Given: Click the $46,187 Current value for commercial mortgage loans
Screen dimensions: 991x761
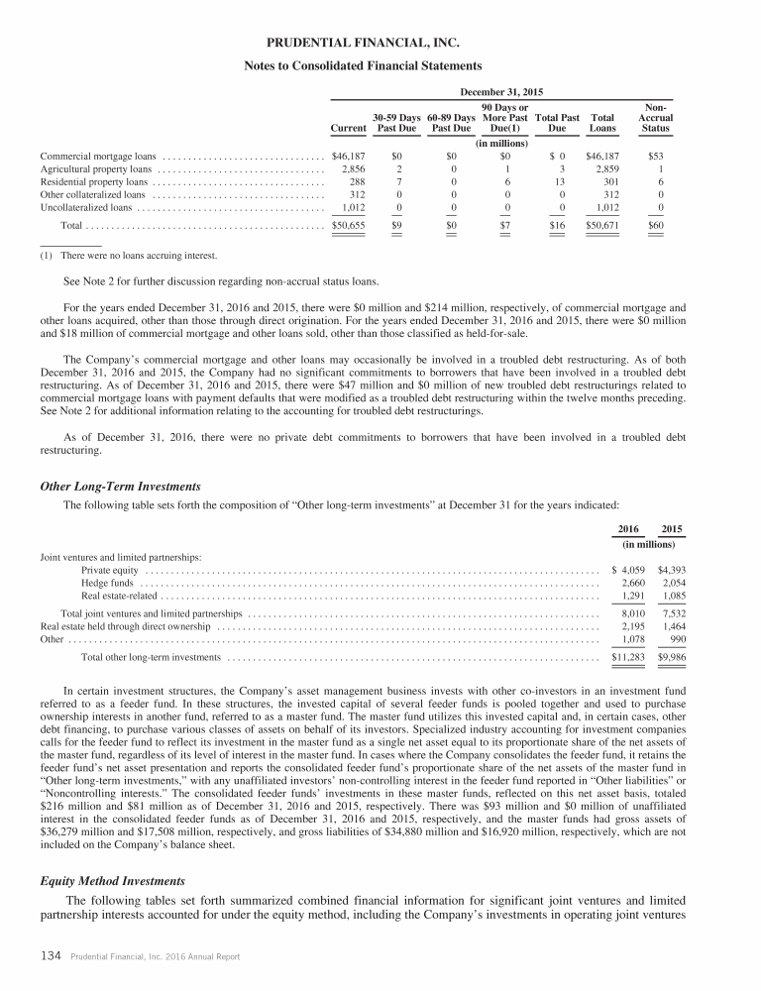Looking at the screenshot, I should pyautogui.click(x=348, y=157).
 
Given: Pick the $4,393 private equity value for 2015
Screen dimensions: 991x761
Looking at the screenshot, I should pyautogui.click(x=672, y=570).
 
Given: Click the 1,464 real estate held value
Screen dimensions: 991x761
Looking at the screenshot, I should pyautogui.click(x=674, y=627).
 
